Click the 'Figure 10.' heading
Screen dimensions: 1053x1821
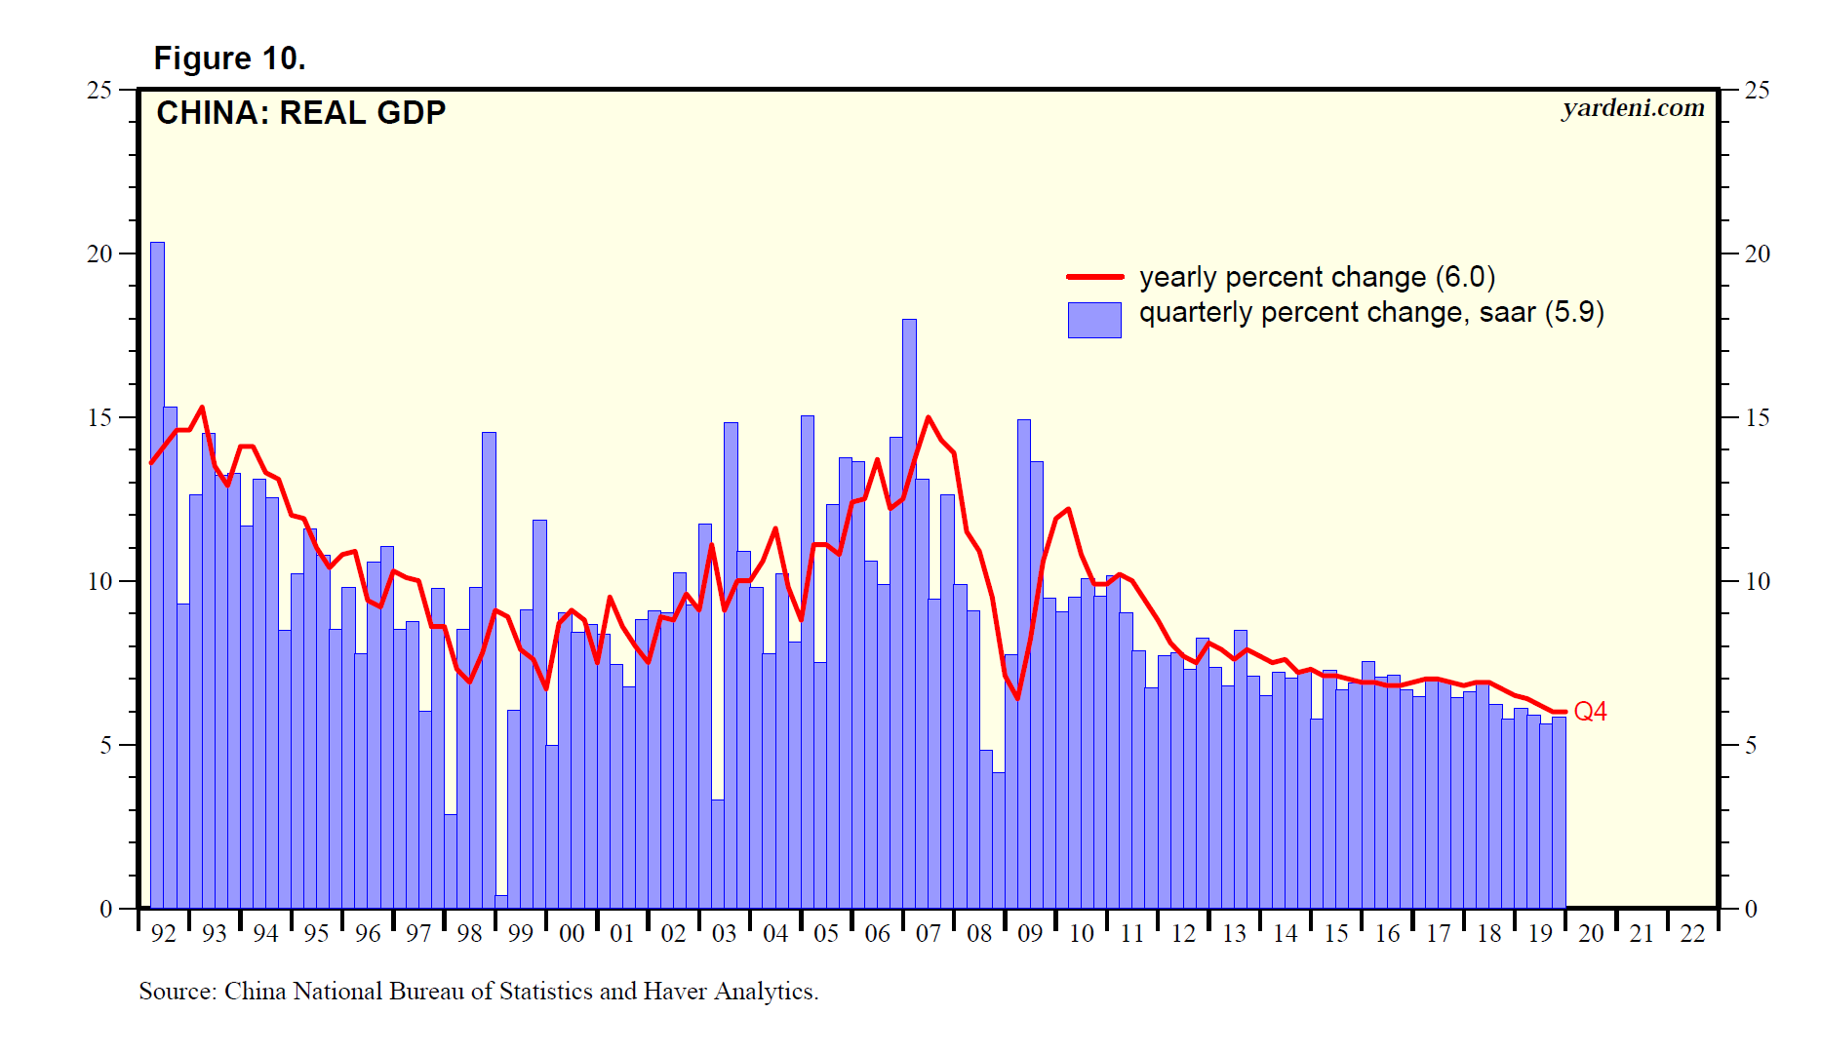pos(229,58)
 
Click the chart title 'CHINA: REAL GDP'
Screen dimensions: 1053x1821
pos(300,113)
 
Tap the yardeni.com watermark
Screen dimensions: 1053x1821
pos(1633,108)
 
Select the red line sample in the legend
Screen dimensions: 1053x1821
pos(1094,277)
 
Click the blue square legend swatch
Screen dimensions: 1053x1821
pos(1094,320)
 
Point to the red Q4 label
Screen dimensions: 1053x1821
pos(1590,712)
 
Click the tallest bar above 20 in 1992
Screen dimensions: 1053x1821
pos(157,575)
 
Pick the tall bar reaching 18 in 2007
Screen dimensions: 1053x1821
pos(909,614)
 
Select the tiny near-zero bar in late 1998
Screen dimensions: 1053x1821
pos(501,901)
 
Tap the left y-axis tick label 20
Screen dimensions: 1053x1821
pos(100,254)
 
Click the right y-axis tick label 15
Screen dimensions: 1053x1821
pos(1757,418)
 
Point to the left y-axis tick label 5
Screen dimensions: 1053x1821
pos(106,746)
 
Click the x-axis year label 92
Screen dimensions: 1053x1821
pos(164,934)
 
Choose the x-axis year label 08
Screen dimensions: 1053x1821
pos(979,934)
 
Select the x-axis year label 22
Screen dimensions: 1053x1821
pos(1693,934)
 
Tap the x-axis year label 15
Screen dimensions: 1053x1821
pos(1336,934)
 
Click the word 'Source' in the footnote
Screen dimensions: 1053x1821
pos(176,992)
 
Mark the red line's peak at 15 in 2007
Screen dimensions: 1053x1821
pos(928,418)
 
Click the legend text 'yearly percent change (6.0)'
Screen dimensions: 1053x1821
pos(1317,277)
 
